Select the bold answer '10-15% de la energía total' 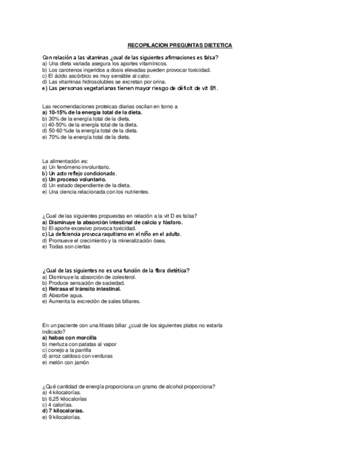click(92, 112)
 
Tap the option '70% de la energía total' click(86, 137)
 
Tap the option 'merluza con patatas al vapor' click(79, 343)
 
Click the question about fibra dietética click(116, 270)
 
